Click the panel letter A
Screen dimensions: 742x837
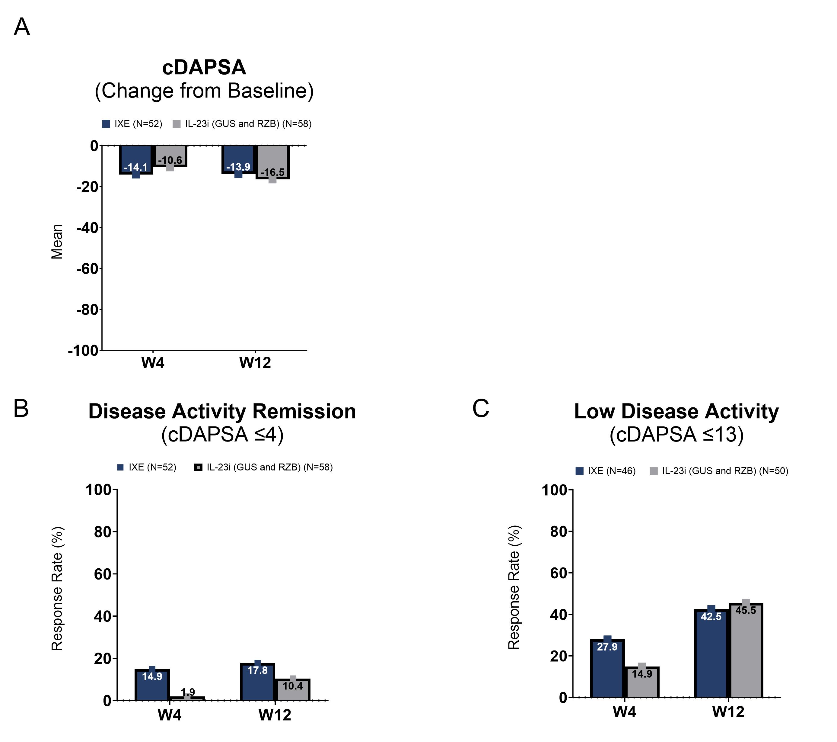click(x=22, y=27)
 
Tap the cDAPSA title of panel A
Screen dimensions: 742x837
click(x=204, y=67)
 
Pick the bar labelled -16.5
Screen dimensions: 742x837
click(x=273, y=162)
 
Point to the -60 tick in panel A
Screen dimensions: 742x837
click(x=87, y=269)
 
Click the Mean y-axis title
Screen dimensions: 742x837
click(x=57, y=242)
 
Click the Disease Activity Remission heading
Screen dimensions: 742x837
click(x=222, y=411)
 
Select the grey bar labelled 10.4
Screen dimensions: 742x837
click(x=292, y=690)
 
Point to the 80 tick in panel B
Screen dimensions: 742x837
click(x=102, y=532)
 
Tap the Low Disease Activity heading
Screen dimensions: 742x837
click(x=676, y=411)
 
